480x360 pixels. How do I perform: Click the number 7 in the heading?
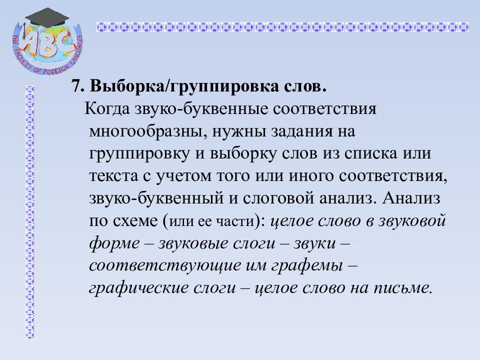pos(76,86)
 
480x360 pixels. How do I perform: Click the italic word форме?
pos(113,243)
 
